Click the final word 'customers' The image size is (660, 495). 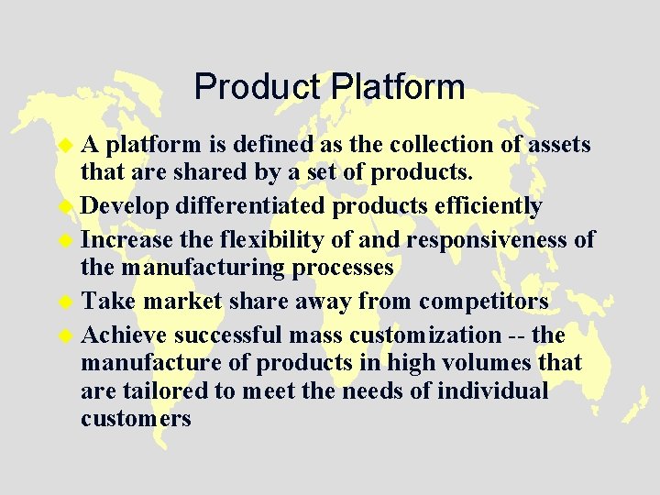point(136,420)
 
